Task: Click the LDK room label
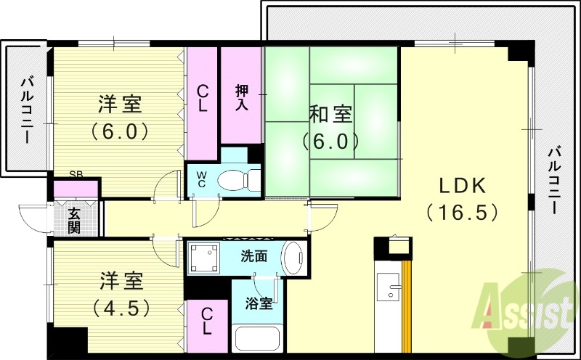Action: [x=461, y=186]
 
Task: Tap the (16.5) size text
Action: [x=462, y=212]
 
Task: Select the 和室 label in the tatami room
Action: [x=330, y=114]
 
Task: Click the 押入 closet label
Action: [x=242, y=97]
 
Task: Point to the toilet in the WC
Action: [x=237, y=178]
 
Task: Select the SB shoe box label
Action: [x=76, y=174]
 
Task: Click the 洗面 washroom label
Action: [x=254, y=255]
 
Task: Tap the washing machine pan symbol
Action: [x=204, y=258]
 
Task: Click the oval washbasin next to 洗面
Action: [x=294, y=258]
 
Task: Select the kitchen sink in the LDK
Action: [x=393, y=291]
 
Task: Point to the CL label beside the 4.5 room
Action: [x=207, y=321]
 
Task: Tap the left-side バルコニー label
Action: [x=27, y=108]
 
